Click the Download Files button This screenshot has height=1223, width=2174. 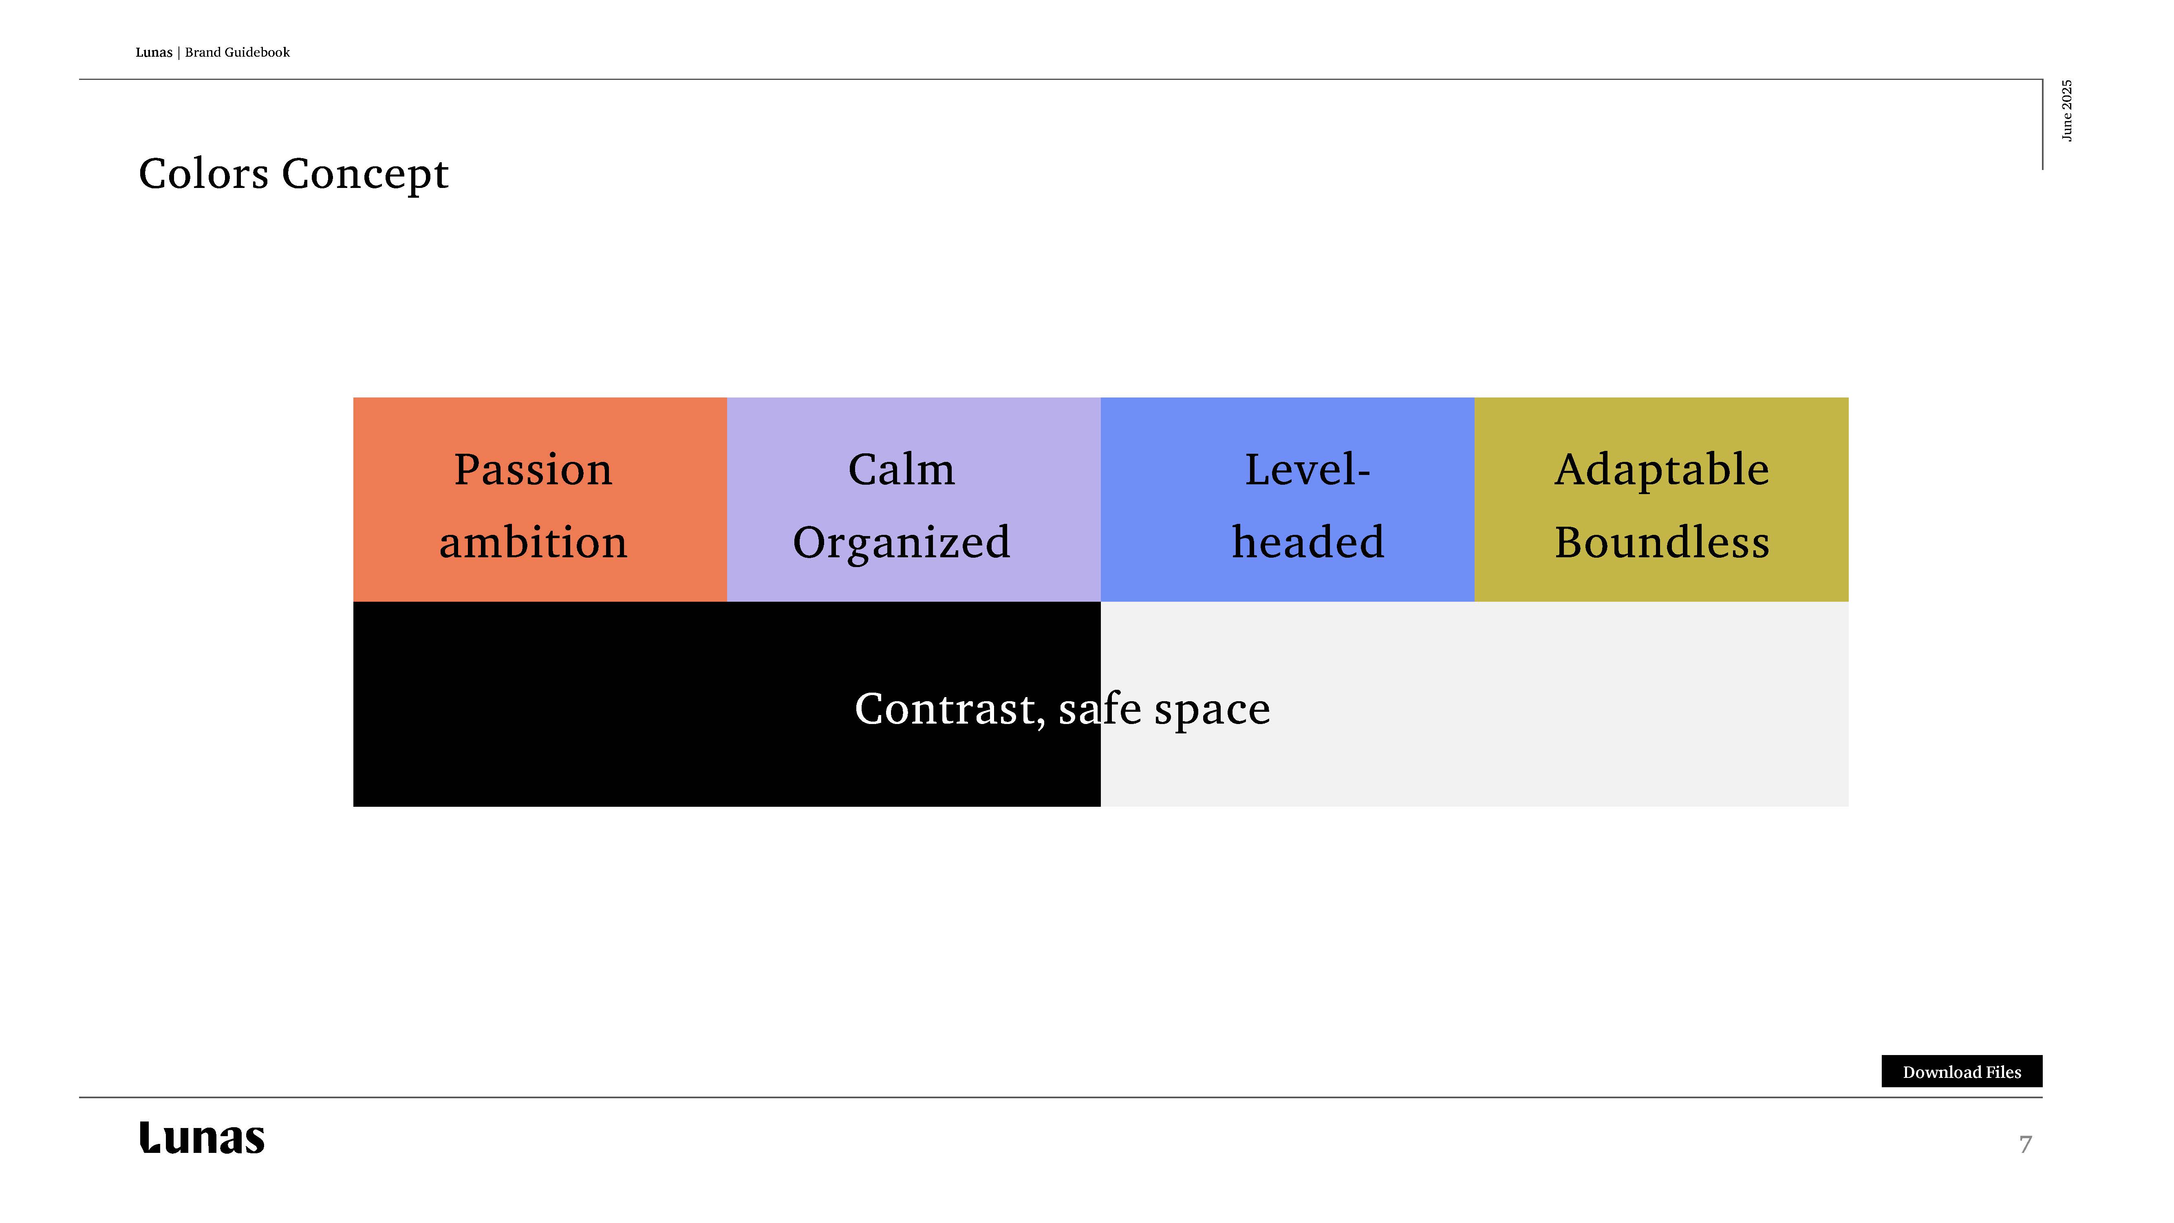click(x=1961, y=1071)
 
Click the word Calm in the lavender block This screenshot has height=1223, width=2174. click(x=901, y=469)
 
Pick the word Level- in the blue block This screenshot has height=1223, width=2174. click(x=1307, y=469)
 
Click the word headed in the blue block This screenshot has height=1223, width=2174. click(x=1307, y=542)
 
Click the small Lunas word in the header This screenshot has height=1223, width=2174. click(x=154, y=52)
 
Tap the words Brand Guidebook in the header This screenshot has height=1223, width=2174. click(x=237, y=52)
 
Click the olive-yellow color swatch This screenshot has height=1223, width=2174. click(x=1661, y=500)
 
